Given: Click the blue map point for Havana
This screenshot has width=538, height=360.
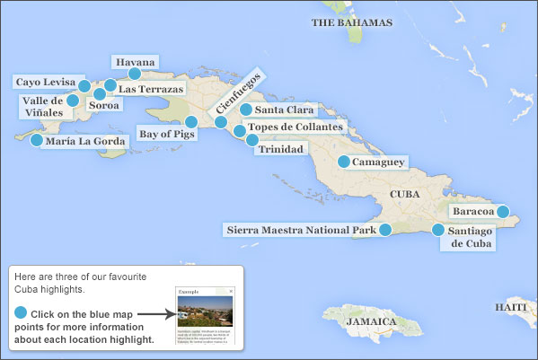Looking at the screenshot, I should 135,74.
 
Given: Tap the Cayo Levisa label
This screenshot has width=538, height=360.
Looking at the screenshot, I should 45,83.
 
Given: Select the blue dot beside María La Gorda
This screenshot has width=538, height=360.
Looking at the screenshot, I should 37,140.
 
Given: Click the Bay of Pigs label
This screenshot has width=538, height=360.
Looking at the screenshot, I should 160,135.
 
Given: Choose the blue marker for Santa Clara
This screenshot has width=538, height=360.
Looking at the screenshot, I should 247,110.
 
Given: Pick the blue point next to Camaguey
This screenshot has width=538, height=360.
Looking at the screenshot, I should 344,162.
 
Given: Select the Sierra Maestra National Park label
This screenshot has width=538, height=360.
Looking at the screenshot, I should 300,231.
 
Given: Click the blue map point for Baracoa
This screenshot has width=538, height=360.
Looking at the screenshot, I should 504,212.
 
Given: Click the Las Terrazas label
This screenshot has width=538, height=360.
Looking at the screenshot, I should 151,89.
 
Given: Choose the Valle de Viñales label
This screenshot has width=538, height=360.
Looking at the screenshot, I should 43,107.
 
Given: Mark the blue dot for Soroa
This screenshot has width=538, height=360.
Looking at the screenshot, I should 100,92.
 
